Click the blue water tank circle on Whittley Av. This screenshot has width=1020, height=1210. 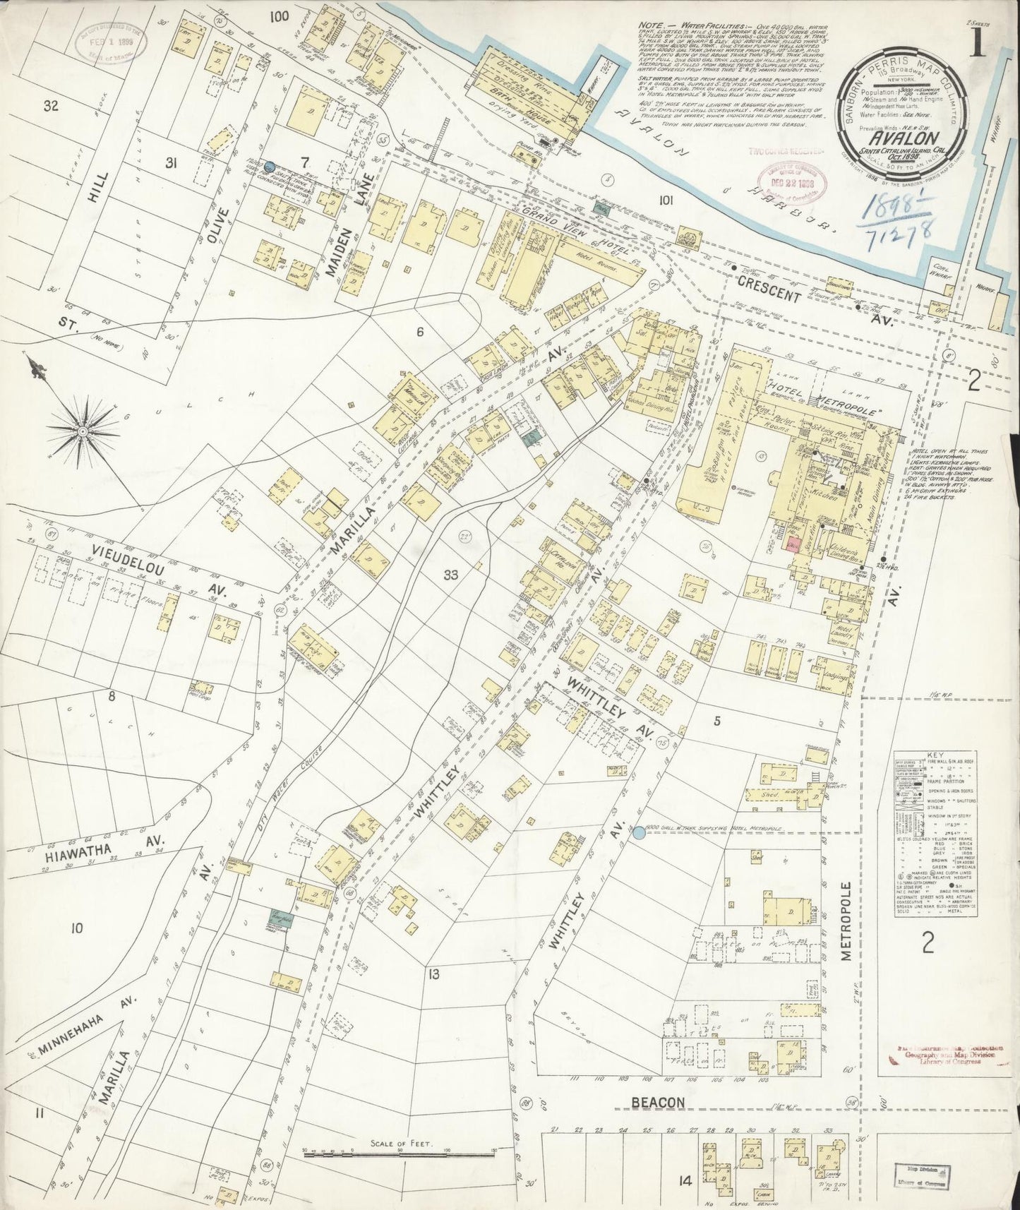point(639,833)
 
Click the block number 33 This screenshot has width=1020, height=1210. point(450,575)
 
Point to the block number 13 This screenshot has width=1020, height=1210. point(433,975)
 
